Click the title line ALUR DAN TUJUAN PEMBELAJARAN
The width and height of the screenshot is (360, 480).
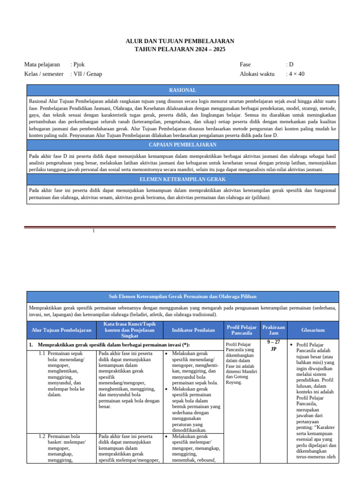180,41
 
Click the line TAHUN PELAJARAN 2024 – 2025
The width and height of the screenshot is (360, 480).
180,49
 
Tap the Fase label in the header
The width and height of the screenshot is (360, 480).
245,65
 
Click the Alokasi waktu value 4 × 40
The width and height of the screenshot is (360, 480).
296,74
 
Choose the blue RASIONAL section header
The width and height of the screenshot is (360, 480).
182,90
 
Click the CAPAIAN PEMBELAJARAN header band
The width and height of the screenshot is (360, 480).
182,145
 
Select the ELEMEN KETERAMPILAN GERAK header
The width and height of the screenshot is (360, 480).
182,179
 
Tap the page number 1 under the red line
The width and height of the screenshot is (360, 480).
94,231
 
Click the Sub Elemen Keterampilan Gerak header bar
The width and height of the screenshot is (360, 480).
182,297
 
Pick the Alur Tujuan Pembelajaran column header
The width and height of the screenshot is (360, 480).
61,330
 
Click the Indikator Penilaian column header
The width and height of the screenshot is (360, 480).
193,330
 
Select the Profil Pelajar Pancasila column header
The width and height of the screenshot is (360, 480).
241,330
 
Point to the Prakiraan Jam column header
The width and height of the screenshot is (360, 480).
273,330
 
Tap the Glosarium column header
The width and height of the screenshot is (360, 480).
313,330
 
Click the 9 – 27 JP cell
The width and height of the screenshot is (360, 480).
273,345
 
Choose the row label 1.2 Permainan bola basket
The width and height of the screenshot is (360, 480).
64,436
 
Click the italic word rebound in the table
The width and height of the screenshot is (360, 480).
206,460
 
